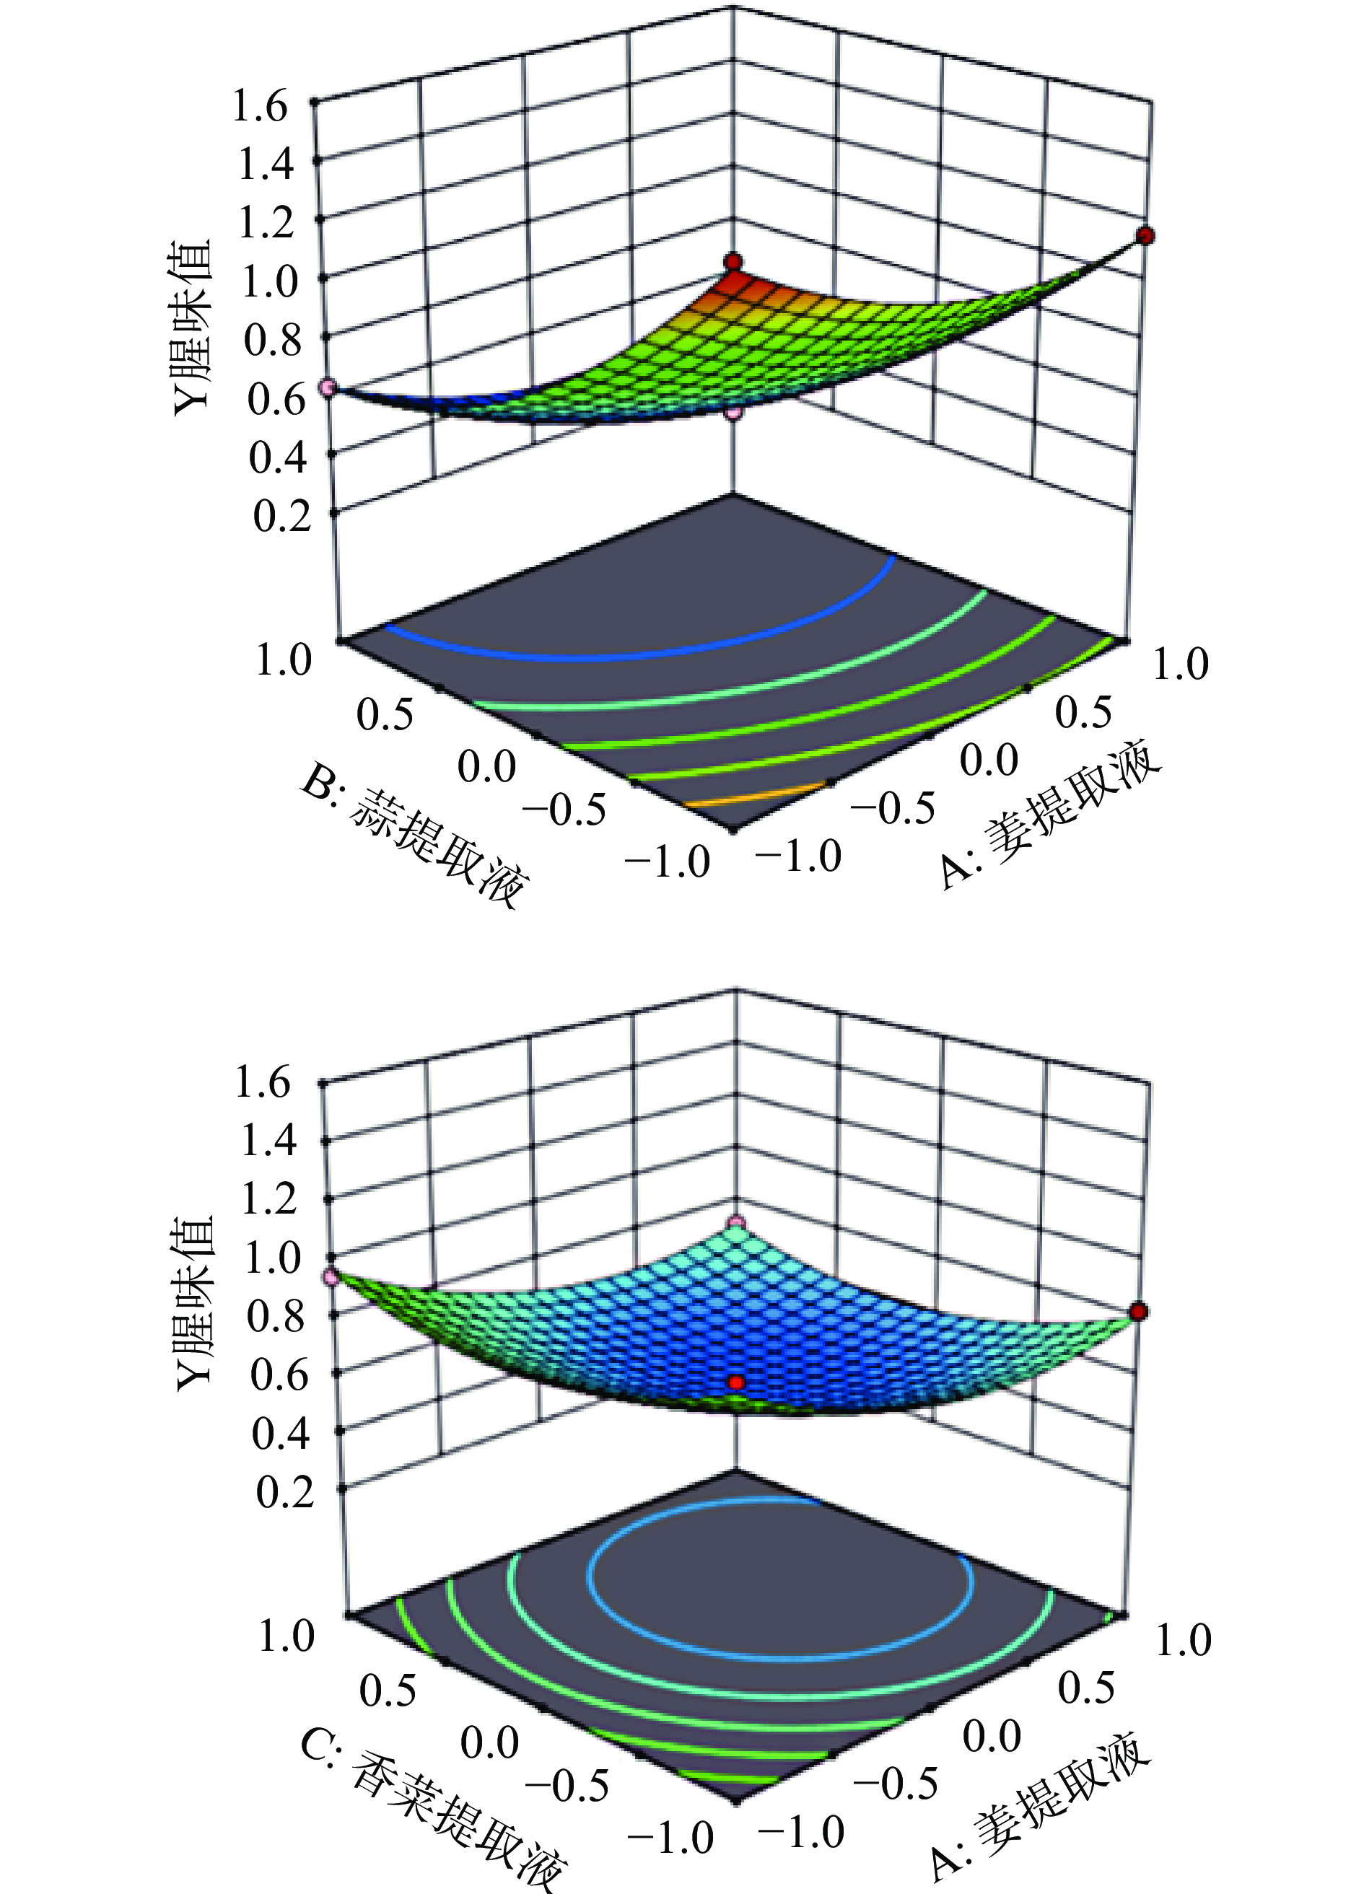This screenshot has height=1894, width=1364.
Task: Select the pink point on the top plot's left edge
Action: pos(328,387)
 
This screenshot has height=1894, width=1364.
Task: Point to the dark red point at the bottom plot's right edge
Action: pos(1139,1312)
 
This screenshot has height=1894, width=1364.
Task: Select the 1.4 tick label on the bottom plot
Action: pos(267,1141)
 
